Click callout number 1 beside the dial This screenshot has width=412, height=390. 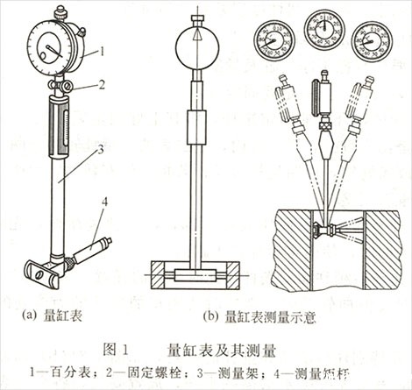click(x=103, y=52)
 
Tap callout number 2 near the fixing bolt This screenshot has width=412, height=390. click(x=103, y=86)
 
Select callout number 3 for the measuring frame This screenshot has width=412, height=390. click(x=104, y=150)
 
